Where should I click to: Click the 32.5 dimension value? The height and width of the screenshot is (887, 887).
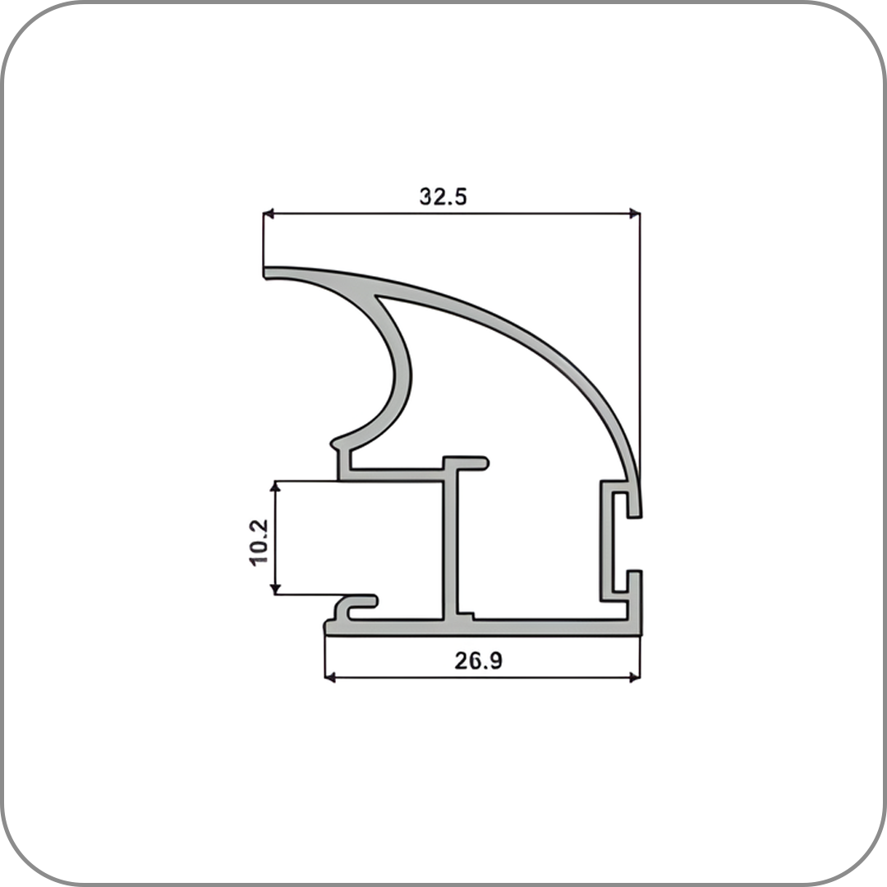point(443,196)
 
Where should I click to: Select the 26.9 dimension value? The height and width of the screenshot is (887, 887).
point(478,660)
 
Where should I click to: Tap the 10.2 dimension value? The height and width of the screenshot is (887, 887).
point(258,543)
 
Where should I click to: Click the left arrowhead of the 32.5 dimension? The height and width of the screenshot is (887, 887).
point(269,214)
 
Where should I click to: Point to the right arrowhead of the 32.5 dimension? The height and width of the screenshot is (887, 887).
point(635,214)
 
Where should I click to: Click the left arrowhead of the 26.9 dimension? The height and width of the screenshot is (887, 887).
point(330,677)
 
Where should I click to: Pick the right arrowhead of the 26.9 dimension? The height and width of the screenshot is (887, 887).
point(635,677)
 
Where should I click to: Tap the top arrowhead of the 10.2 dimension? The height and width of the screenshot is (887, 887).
point(275,486)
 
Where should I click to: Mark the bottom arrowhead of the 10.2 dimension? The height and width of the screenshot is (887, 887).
point(275,589)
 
